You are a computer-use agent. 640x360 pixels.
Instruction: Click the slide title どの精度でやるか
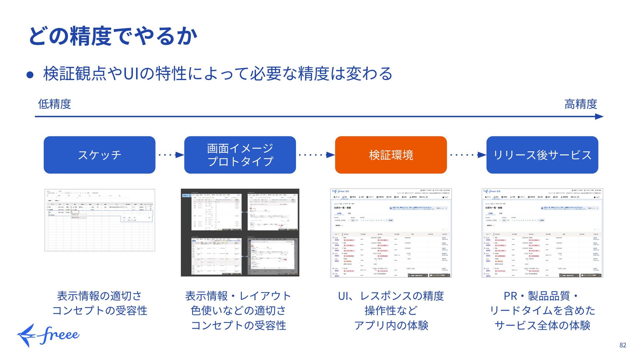point(113,36)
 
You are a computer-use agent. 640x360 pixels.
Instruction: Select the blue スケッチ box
point(99,155)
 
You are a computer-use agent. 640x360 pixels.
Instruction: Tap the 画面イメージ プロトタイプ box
point(240,155)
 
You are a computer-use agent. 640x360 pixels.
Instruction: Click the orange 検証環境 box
point(391,155)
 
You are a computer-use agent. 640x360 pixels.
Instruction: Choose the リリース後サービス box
point(542,155)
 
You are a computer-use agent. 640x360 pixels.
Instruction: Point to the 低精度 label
point(54,104)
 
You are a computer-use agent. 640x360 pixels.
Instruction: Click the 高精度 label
point(580,104)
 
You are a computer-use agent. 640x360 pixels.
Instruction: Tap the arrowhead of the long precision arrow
point(599,117)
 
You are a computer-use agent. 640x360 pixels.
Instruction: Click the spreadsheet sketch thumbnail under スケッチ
point(100,220)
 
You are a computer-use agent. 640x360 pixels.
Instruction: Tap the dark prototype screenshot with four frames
point(240,232)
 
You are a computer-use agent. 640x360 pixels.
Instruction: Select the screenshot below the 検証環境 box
point(391,233)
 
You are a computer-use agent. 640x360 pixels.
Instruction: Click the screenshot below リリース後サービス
point(542,233)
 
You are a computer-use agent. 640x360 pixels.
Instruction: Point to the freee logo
point(48,335)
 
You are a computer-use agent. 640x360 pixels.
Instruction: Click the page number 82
point(623,345)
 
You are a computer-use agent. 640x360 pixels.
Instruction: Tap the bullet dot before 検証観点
point(30,75)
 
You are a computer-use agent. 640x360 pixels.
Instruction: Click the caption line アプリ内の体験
point(391,325)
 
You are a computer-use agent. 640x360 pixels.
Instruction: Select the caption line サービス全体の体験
point(542,325)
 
